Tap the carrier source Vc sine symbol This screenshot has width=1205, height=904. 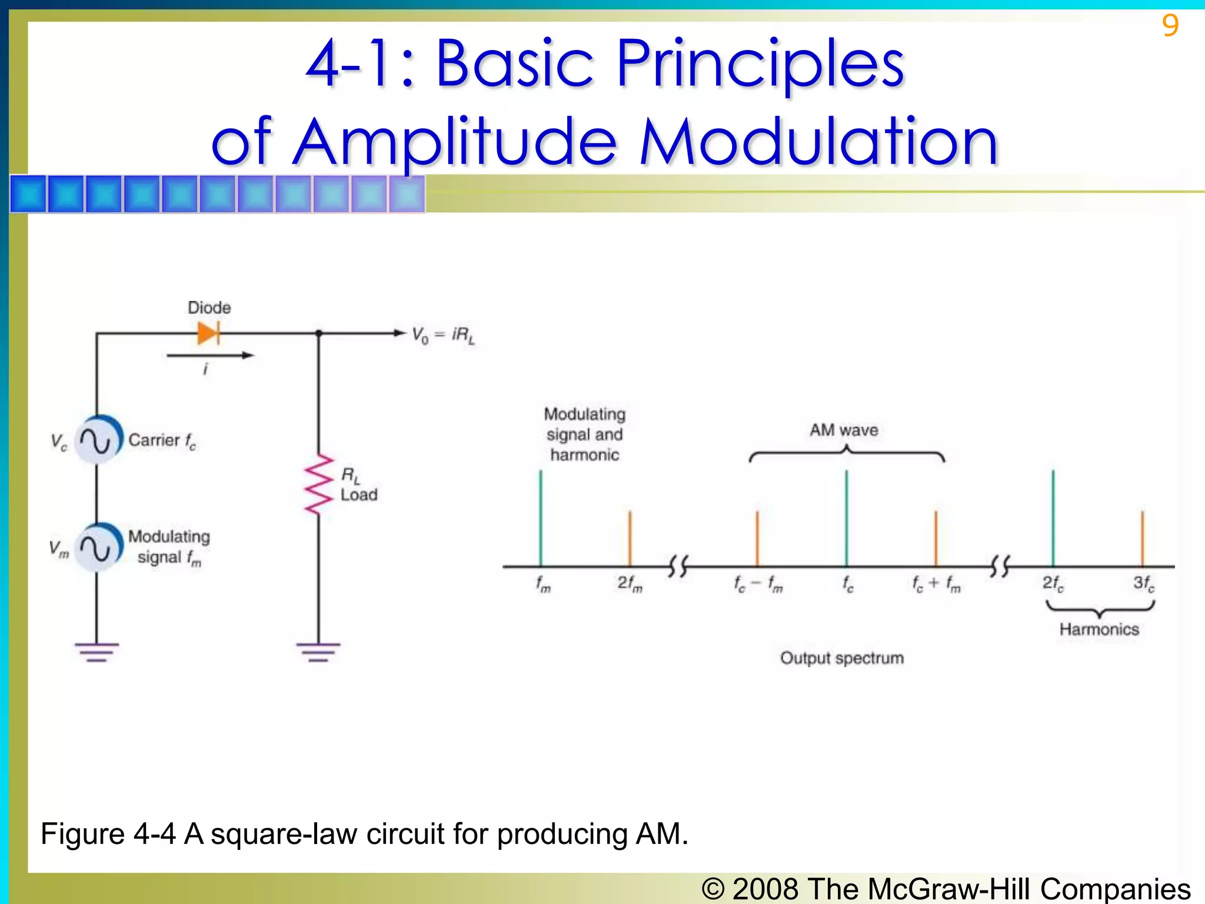(97, 440)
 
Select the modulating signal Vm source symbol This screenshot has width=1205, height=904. (97, 548)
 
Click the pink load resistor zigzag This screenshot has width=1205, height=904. (319, 484)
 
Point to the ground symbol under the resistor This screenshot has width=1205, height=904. (318, 652)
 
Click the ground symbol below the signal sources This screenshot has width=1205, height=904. (96, 652)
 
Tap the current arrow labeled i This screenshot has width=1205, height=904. (209, 355)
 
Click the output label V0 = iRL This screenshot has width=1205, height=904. (442, 335)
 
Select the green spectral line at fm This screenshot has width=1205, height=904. (541, 518)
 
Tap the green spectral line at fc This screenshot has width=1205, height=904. (846, 518)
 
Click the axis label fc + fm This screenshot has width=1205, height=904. (936, 584)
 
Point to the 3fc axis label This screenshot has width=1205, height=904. (1144, 583)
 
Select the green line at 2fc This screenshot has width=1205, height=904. (1053, 518)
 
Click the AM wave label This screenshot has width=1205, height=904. (844, 430)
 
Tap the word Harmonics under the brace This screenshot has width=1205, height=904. (1099, 629)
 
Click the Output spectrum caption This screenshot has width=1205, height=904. (842, 658)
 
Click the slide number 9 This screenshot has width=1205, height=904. (1170, 26)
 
